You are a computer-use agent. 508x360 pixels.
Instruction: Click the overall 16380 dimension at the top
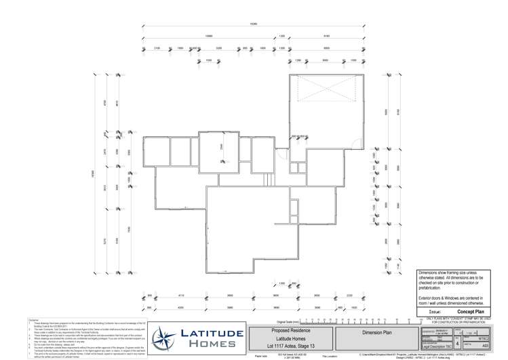click(x=254, y=24)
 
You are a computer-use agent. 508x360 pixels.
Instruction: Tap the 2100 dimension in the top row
click(x=157, y=49)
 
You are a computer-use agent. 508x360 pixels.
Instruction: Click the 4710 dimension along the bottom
click(x=181, y=296)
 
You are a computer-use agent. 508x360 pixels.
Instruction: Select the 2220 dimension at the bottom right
click(x=349, y=296)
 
